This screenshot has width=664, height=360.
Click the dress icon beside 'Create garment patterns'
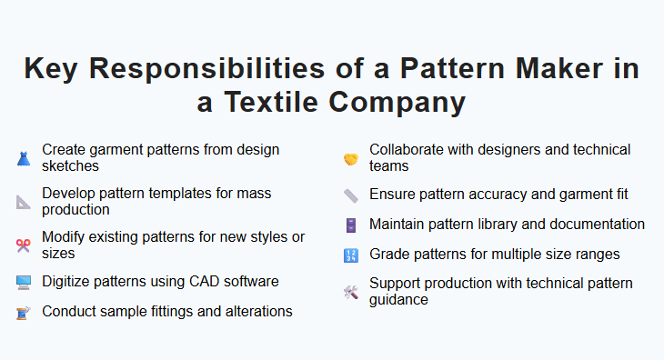click(x=24, y=158)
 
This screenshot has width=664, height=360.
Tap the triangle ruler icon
click(x=24, y=202)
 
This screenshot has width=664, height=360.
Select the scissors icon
click(x=24, y=245)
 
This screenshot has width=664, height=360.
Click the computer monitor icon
click(x=24, y=282)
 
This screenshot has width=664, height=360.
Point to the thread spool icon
click(x=24, y=312)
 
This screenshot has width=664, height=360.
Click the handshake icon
click(x=351, y=158)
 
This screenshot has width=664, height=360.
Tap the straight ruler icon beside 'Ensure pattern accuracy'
click(x=351, y=195)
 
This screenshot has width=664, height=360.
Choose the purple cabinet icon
click(x=351, y=225)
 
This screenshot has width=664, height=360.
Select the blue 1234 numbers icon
click(x=351, y=255)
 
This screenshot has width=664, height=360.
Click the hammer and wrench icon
click(x=351, y=292)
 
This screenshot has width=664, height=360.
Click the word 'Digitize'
click(x=68, y=281)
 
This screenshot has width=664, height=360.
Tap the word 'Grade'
click(x=389, y=255)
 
